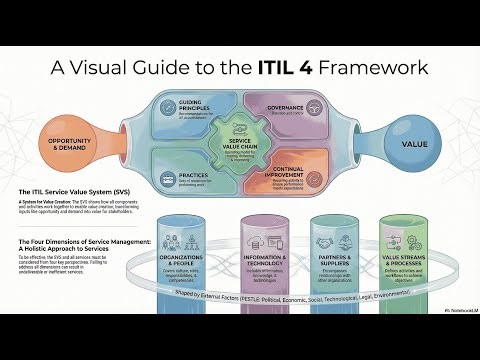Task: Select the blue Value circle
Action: point(415,144)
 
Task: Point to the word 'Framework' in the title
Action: point(372,68)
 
